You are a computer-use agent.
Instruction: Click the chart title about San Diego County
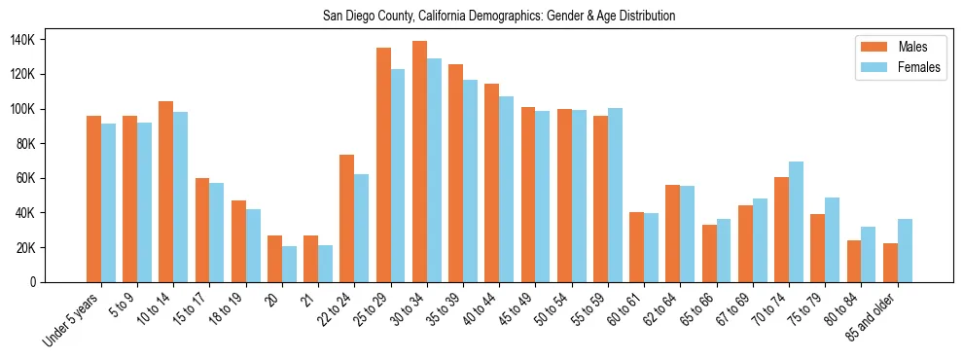[x=499, y=16]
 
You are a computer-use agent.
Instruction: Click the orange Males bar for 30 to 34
[x=420, y=162]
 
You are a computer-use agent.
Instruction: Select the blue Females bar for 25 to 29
[x=398, y=176]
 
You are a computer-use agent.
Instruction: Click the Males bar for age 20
[x=275, y=259]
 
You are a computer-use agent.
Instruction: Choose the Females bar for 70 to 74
[x=796, y=222]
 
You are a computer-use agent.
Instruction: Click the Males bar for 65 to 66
[x=709, y=254]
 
